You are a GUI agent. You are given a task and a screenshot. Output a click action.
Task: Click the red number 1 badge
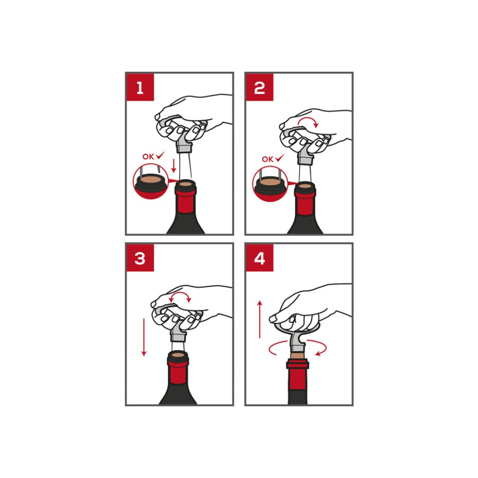coord(140,87)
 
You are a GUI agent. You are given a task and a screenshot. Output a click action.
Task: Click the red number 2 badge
coord(260,87)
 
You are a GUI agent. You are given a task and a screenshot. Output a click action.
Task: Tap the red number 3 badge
coord(140,258)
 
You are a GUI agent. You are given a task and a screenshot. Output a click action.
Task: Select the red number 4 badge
coord(260,258)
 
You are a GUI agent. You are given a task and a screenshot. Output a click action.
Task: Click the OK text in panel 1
coord(148,157)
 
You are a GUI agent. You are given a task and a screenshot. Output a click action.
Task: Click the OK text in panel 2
coord(268,159)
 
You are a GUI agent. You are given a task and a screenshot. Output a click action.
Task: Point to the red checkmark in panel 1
coord(160,155)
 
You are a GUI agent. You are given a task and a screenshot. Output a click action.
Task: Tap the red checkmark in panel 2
coord(280,158)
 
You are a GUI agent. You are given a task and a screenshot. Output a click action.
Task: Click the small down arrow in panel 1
coord(174,165)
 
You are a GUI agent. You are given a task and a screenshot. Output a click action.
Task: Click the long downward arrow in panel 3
coord(144,337)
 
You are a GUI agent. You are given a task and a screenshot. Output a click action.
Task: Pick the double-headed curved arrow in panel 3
coord(180,293)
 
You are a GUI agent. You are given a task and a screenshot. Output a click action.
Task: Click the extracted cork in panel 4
coord(298,356)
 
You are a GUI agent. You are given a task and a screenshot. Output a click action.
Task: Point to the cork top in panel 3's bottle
coord(178,355)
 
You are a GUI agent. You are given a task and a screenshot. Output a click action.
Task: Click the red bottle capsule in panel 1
coord(185,200)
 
